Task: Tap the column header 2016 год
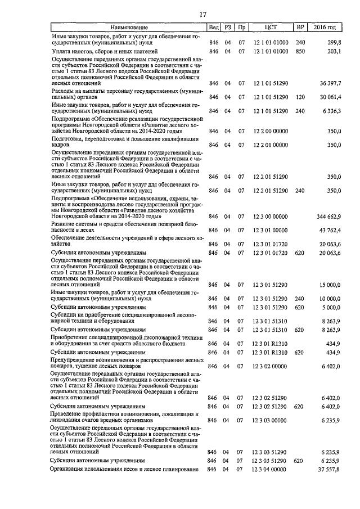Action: (x=325, y=28)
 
